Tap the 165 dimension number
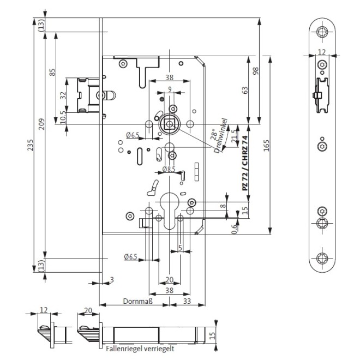click(x=267, y=146)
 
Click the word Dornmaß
click(x=136, y=301)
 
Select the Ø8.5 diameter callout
click(x=170, y=170)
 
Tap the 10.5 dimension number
click(x=64, y=116)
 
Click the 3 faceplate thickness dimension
click(x=112, y=280)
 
